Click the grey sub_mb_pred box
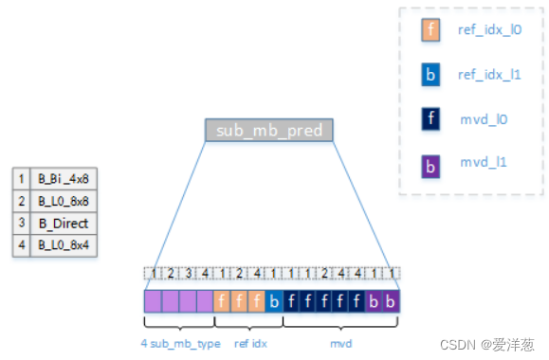pos(269,131)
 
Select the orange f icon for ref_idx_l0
pos(431,29)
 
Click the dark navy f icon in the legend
pos(431,118)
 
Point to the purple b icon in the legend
pos(431,163)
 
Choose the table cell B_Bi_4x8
pos(64,177)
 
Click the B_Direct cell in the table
pos(64,224)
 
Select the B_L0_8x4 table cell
pos(64,246)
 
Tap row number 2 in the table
pos(21,201)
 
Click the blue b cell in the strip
pos(274,301)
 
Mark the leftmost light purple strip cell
pos(153,301)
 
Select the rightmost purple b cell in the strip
pos(391,301)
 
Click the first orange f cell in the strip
pos(222,301)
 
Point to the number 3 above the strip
pos(187,274)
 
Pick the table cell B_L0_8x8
pos(64,201)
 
